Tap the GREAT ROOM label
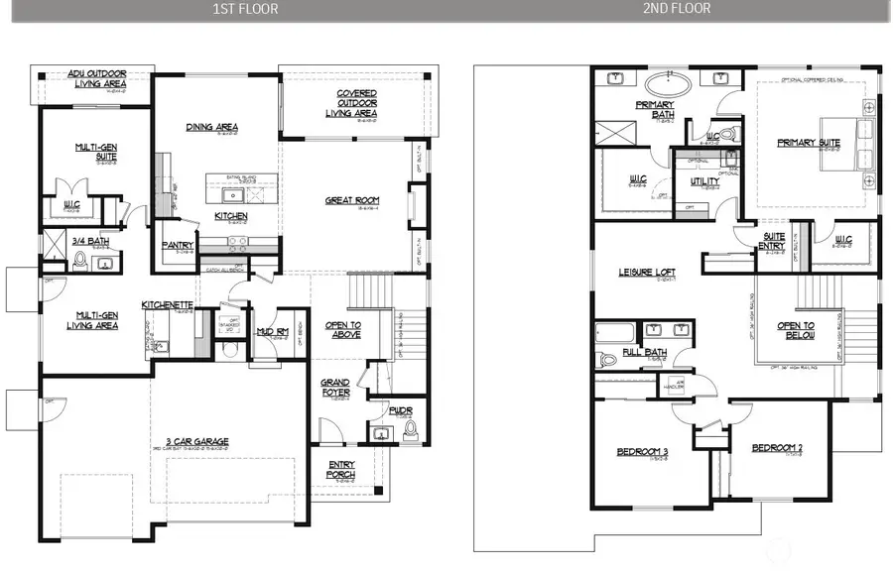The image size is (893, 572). (x=352, y=200)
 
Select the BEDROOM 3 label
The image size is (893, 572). (x=643, y=452)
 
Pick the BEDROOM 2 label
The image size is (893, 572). (x=776, y=447)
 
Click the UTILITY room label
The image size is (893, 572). (x=704, y=181)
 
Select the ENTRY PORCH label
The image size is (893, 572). (x=340, y=470)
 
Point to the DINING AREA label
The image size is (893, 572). (x=211, y=127)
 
